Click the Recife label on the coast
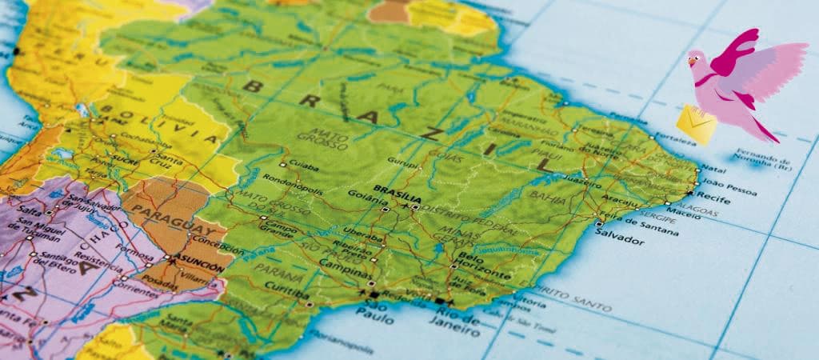(x=713, y=194)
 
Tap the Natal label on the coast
(x=713, y=169)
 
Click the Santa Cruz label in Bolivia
(x=170, y=160)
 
